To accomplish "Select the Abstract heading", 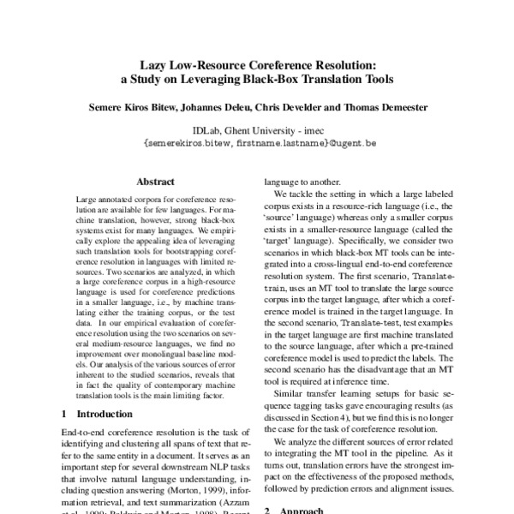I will pos(155,182).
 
